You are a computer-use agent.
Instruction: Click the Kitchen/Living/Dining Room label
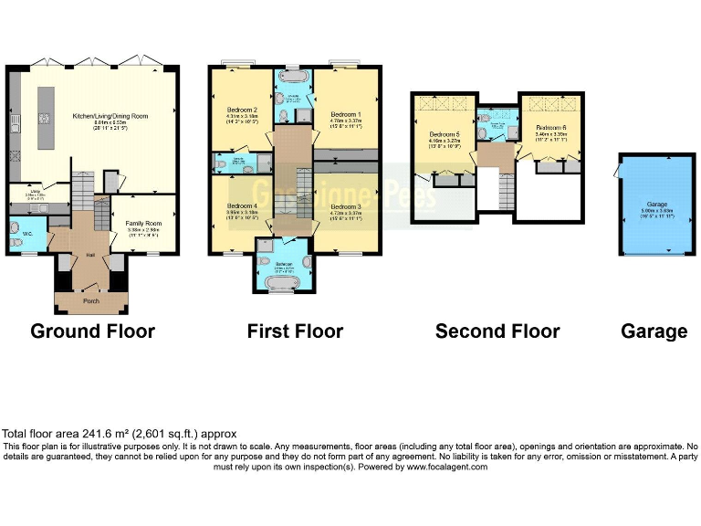[x=110, y=116]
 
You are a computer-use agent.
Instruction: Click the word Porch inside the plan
[x=90, y=301]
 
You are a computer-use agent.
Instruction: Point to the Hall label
[x=90, y=255]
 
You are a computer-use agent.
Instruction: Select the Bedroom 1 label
[x=347, y=102]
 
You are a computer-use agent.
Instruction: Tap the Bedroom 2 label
[x=242, y=110]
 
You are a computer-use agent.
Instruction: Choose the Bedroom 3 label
[x=347, y=207]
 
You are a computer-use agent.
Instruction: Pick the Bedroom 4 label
[x=242, y=205]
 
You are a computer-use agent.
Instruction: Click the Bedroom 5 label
[x=445, y=134]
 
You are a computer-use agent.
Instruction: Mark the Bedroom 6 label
[x=551, y=127]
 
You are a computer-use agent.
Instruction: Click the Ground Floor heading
[x=92, y=331]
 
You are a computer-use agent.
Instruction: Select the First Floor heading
[x=295, y=331]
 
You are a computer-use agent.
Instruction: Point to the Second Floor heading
[x=497, y=331]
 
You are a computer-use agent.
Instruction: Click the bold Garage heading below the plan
[x=654, y=331]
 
